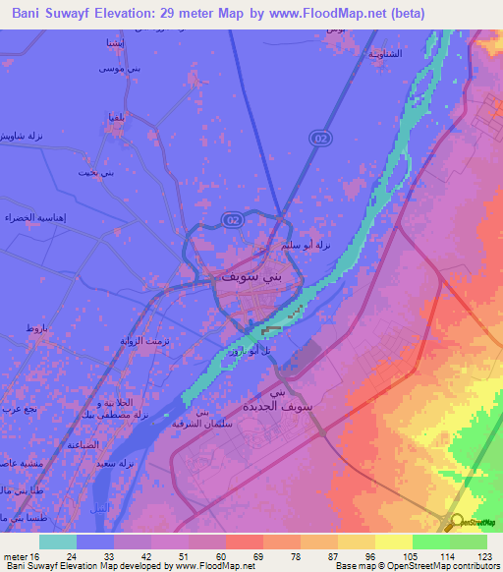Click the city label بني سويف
241,278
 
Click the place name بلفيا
114,119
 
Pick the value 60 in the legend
221,555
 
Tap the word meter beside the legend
15,555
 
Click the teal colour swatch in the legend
57,541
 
